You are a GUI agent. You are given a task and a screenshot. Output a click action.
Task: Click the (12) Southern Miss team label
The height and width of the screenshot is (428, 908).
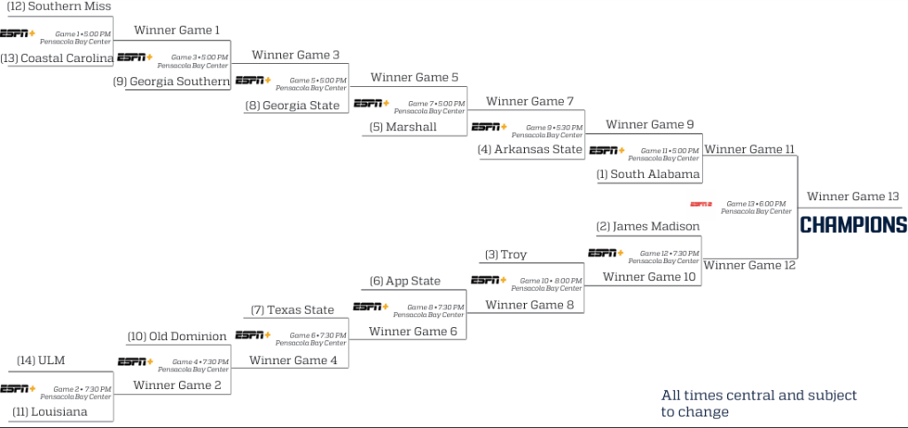(x=59, y=6)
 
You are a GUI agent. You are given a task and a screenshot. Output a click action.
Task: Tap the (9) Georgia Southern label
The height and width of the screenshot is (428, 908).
(x=172, y=82)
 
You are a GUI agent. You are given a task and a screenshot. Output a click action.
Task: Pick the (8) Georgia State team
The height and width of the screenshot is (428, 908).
(x=292, y=105)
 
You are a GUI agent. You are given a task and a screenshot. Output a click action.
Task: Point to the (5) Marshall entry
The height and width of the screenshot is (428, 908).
(x=403, y=127)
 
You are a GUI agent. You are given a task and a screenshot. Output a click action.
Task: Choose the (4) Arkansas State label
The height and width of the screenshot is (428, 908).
(x=530, y=149)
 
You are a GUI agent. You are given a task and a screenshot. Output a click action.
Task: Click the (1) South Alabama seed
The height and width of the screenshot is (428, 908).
(x=648, y=174)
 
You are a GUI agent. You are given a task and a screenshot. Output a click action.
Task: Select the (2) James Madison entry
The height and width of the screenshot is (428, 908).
(x=648, y=227)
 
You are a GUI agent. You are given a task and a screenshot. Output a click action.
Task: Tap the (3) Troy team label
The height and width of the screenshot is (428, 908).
(x=505, y=254)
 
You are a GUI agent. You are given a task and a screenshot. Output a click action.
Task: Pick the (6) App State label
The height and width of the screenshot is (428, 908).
(x=405, y=281)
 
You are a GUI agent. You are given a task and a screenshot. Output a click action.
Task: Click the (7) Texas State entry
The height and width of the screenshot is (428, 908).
(x=293, y=310)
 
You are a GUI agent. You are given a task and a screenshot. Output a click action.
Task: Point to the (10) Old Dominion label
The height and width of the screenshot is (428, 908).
(x=177, y=337)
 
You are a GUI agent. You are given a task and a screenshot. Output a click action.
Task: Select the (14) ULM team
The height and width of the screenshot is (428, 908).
(x=42, y=361)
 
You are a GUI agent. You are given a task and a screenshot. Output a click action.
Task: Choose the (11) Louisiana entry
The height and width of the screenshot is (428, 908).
(x=51, y=411)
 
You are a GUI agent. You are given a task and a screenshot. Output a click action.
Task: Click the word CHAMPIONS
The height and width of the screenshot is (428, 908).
(x=853, y=225)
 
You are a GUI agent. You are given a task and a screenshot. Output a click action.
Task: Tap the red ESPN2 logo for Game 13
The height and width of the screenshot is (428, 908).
(x=701, y=205)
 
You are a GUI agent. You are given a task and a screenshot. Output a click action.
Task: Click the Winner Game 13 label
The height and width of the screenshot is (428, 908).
(x=853, y=197)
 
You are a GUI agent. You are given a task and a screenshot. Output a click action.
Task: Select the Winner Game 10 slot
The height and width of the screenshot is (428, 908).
(x=649, y=277)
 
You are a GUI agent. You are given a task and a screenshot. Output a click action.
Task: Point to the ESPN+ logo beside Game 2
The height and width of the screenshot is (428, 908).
(x=18, y=388)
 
